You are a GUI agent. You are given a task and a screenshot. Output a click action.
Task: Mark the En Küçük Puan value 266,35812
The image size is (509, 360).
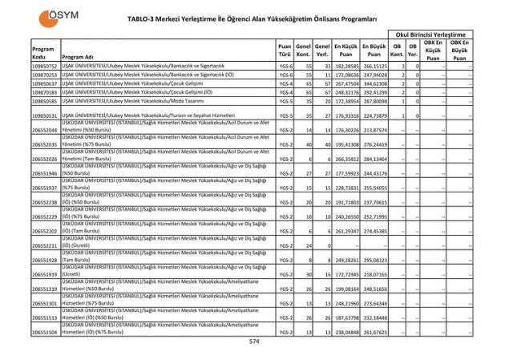click(345, 160)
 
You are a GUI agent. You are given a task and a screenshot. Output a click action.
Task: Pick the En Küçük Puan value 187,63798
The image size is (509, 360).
click(345, 318)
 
